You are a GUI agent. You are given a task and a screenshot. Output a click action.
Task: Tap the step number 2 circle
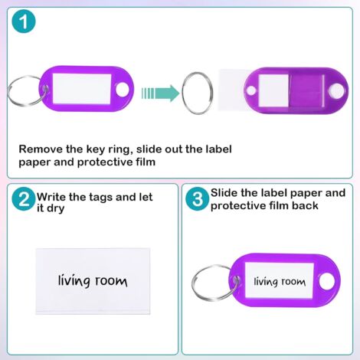point(24,200)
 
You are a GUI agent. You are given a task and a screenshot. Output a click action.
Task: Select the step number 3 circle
point(198,200)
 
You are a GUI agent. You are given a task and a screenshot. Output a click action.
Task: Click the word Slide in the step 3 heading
point(228,193)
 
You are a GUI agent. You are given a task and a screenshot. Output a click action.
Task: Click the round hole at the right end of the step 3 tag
point(326,280)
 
